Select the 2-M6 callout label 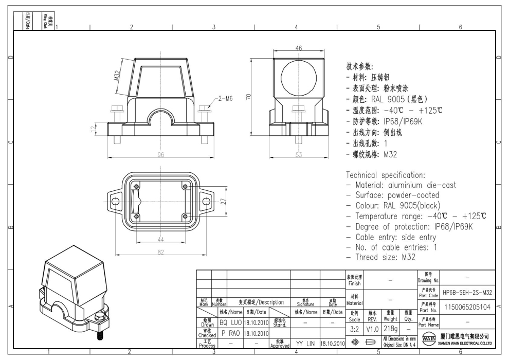[226, 98]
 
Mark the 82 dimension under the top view [160, 252]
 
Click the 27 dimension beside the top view [225, 202]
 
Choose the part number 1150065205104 [467, 307]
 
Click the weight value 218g [390, 328]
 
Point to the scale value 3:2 [355, 328]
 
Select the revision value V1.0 [372, 328]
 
